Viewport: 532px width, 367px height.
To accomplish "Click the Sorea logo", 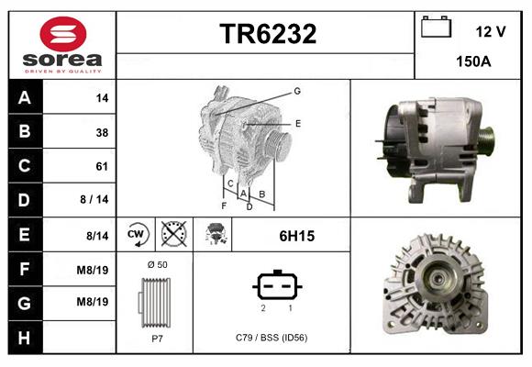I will (61, 44).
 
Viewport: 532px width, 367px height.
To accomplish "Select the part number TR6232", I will (267, 34).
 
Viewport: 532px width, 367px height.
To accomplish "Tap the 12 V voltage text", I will (491, 31).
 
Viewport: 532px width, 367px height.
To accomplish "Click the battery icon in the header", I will (434, 28).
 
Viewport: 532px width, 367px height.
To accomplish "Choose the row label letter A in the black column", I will (24, 98).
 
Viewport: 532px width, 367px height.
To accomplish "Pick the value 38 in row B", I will (102, 132).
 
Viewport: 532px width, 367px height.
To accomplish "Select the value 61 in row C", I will (102, 167).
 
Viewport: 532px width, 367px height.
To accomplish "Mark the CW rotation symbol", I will (136, 235).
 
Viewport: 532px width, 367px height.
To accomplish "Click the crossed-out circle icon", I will (172, 235).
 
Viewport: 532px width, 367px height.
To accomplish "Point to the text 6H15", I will (296, 236).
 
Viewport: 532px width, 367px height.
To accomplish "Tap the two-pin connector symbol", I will (275, 286).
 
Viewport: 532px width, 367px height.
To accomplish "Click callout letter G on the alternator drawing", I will (297, 91).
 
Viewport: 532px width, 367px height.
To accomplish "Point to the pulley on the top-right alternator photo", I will (485, 143).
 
